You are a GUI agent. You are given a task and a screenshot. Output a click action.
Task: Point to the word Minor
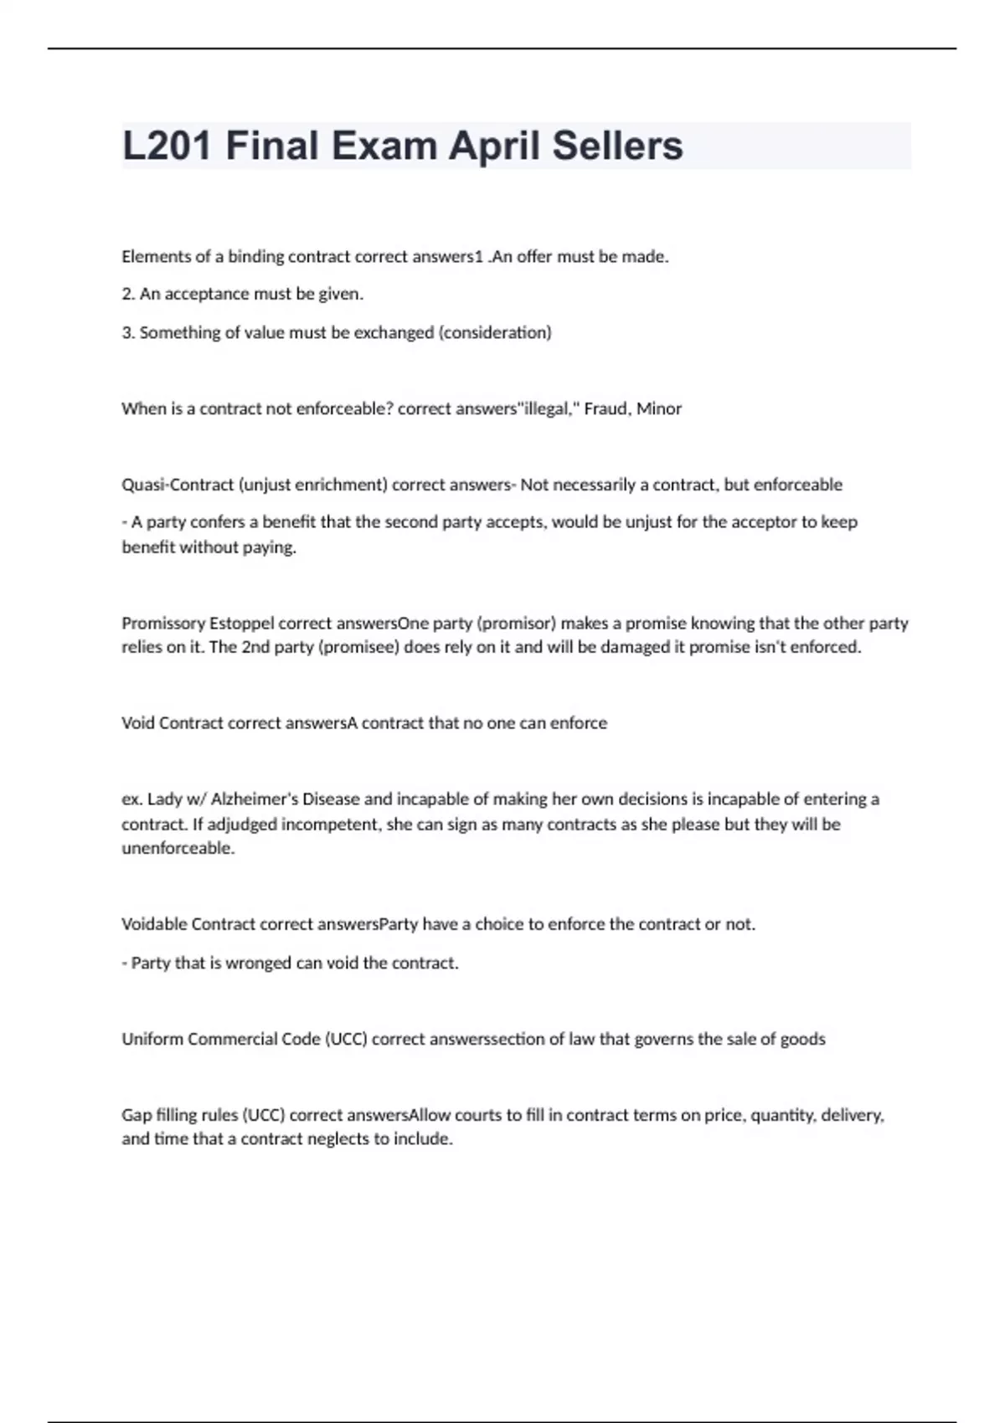pyautogui.click(x=659, y=408)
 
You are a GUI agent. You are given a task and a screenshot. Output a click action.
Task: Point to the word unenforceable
pyautogui.click(x=178, y=848)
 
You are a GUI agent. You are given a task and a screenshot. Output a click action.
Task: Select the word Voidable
pyautogui.click(x=154, y=924)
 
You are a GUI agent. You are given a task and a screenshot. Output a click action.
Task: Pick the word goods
pyautogui.click(x=803, y=1039)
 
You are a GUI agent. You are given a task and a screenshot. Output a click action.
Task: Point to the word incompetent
pyautogui.click(x=332, y=824)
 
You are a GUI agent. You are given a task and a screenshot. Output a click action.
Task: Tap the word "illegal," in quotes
pyautogui.click(x=549, y=408)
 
